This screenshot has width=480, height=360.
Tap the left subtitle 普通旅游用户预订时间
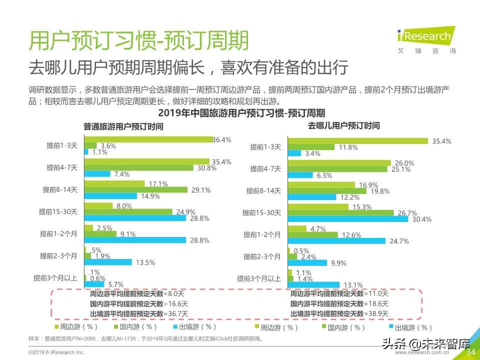click(x=123, y=126)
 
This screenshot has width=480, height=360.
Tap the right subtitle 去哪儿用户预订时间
click(x=343, y=126)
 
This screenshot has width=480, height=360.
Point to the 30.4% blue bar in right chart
click(x=348, y=219)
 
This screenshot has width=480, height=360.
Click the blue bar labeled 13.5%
click(x=108, y=262)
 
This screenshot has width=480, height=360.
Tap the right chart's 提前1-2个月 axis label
click(x=262, y=234)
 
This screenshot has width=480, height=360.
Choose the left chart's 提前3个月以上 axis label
click(x=55, y=278)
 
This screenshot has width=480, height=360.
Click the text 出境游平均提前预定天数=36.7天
click(x=138, y=313)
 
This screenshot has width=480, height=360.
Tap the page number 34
click(x=470, y=352)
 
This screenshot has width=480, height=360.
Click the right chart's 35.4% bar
click(x=358, y=141)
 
